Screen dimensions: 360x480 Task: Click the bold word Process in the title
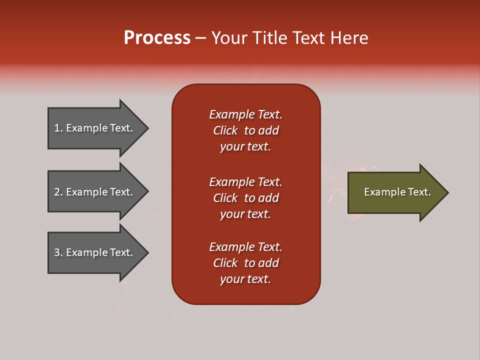pyautogui.click(x=157, y=38)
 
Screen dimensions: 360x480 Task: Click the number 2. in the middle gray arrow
pyautogui.click(x=58, y=192)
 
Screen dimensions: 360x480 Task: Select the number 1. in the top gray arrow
pyautogui.click(x=58, y=128)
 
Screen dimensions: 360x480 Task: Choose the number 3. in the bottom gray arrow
pyautogui.click(x=58, y=252)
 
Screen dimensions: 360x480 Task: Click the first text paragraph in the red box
pyautogui.click(x=245, y=130)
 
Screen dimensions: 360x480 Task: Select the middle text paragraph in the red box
pyautogui.click(x=245, y=198)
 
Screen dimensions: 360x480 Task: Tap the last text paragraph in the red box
pyautogui.click(x=245, y=263)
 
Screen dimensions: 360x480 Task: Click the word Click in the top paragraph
pyautogui.click(x=225, y=130)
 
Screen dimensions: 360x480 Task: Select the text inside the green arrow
pyautogui.click(x=397, y=192)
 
